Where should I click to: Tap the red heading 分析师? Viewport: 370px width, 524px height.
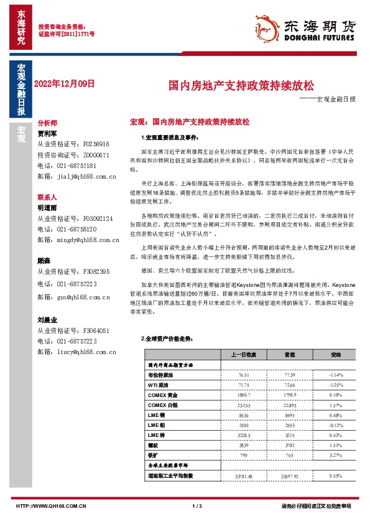pyautogui.click(x=47, y=123)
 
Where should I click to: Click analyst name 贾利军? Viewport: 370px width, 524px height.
pyautogui.click(x=47, y=133)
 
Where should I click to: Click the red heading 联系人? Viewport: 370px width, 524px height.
pyautogui.click(x=47, y=197)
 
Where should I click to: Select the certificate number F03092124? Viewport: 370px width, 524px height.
pyautogui.click(x=97, y=218)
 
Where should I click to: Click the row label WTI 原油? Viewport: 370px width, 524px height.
pyautogui.click(x=159, y=386)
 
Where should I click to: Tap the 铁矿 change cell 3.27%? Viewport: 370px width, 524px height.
pyautogui.click(x=335, y=456)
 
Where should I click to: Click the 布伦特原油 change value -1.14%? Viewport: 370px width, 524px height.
pyautogui.click(x=335, y=376)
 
